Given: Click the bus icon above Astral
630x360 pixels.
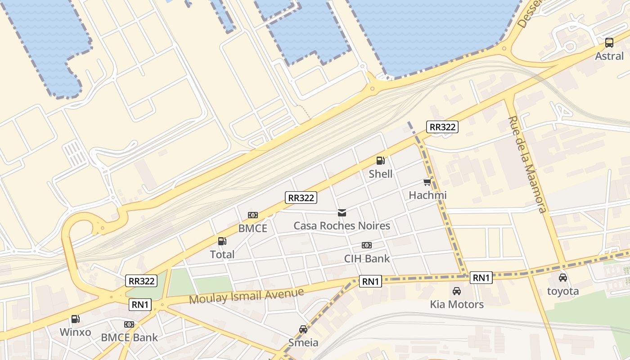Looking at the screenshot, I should point(609,43).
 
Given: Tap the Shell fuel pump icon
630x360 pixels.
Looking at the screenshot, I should point(380,161).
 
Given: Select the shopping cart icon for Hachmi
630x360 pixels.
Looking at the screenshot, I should point(427,182).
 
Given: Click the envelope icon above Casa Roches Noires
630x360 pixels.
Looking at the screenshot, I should point(342,212).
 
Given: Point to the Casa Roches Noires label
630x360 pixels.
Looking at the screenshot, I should point(342,225).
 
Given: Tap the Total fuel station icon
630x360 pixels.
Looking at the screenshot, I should point(222,241).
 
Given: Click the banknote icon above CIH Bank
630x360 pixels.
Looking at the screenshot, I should point(367,245).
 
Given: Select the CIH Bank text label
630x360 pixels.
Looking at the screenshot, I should point(367,259).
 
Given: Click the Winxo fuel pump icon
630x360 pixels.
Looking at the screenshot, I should point(76,319).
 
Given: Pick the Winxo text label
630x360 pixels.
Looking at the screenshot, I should point(76,333).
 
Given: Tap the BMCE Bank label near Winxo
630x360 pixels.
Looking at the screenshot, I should point(129,337).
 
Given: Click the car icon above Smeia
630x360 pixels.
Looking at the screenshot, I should point(303,329).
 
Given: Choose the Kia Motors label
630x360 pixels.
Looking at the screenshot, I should point(457,305).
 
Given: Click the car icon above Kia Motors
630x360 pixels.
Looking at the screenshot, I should point(457,291).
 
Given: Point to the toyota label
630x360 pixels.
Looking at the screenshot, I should point(563,291).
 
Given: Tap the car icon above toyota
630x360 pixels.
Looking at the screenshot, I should point(563,278).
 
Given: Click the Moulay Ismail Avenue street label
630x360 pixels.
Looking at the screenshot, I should point(247,296).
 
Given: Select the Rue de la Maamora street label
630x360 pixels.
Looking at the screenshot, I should point(527,164).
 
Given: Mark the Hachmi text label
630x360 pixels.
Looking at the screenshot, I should point(427,195).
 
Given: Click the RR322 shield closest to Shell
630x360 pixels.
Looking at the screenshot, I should point(443,127).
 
